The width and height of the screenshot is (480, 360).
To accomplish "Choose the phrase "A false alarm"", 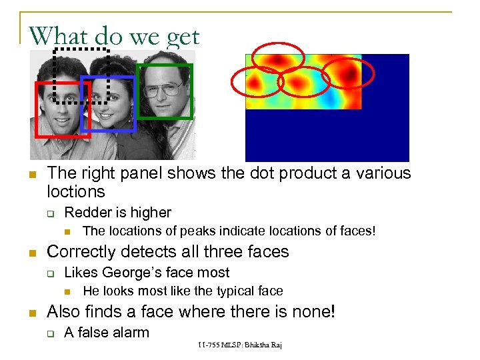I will pos(106,332).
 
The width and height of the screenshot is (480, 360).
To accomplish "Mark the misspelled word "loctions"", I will pos(76,193).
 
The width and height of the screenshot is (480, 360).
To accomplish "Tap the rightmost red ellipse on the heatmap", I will pos(348,73).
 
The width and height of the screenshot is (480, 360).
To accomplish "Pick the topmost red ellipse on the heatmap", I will pos(277,57).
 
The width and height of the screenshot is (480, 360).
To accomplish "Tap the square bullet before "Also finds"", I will pos(31,313).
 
